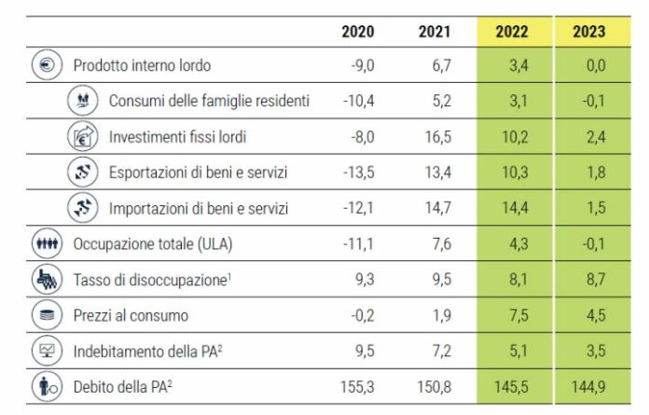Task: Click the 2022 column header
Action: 511,32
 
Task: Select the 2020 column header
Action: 357,32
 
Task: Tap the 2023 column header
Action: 588,32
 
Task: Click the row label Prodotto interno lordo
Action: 142,65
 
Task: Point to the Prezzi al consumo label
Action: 131,316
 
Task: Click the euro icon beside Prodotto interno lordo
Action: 47,65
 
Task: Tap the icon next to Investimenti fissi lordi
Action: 82,137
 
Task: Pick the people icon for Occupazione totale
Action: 47,244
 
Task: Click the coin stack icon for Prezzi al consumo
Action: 47,316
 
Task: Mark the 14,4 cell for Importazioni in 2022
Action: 511,208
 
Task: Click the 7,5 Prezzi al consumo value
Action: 511,316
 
